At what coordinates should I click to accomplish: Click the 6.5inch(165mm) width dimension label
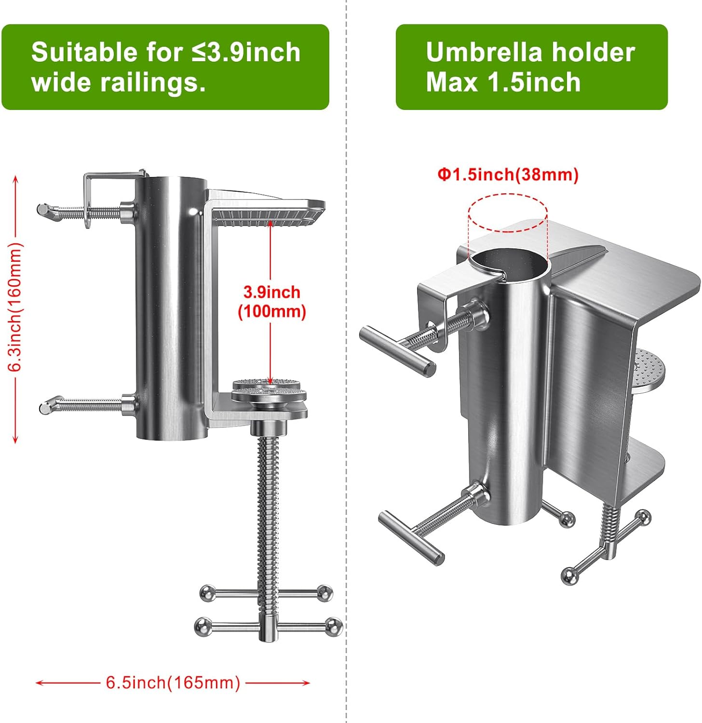pyautogui.click(x=173, y=683)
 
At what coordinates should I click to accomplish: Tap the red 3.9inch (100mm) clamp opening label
pyautogui.click(x=272, y=302)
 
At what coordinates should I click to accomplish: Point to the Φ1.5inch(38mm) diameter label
pyautogui.click(x=508, y=174)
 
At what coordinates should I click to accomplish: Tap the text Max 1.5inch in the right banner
pyautogui.click(x=503, y=82)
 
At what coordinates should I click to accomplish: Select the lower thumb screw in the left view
pyautogui.click(x=87, y=404)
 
